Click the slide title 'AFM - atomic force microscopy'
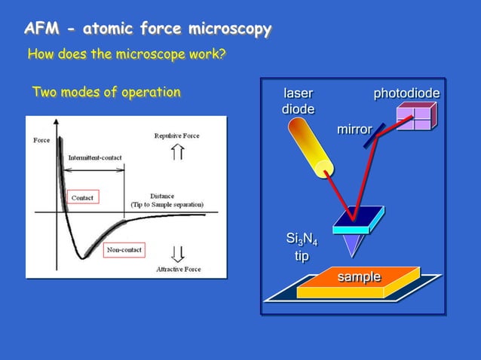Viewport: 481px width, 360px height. [x=148, y=30]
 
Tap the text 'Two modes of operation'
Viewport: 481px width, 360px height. [x=106, y=93]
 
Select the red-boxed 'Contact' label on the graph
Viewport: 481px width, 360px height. [x=82, y=198]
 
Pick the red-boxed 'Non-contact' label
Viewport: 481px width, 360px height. [x=123, y=249]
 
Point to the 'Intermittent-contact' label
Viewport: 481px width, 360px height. [x=96, y=157]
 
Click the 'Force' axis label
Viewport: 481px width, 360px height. [x=42, y=141]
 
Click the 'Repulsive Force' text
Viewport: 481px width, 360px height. [x=178, y=136]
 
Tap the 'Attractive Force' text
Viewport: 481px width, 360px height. [x=178, y=269]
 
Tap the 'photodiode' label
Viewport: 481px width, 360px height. [x=406, y=93]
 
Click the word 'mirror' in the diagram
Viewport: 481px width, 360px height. [x=353, y=130]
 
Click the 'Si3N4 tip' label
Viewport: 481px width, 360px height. [x=301, y=247]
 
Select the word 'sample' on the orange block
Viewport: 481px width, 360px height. [x=358, y=276]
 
